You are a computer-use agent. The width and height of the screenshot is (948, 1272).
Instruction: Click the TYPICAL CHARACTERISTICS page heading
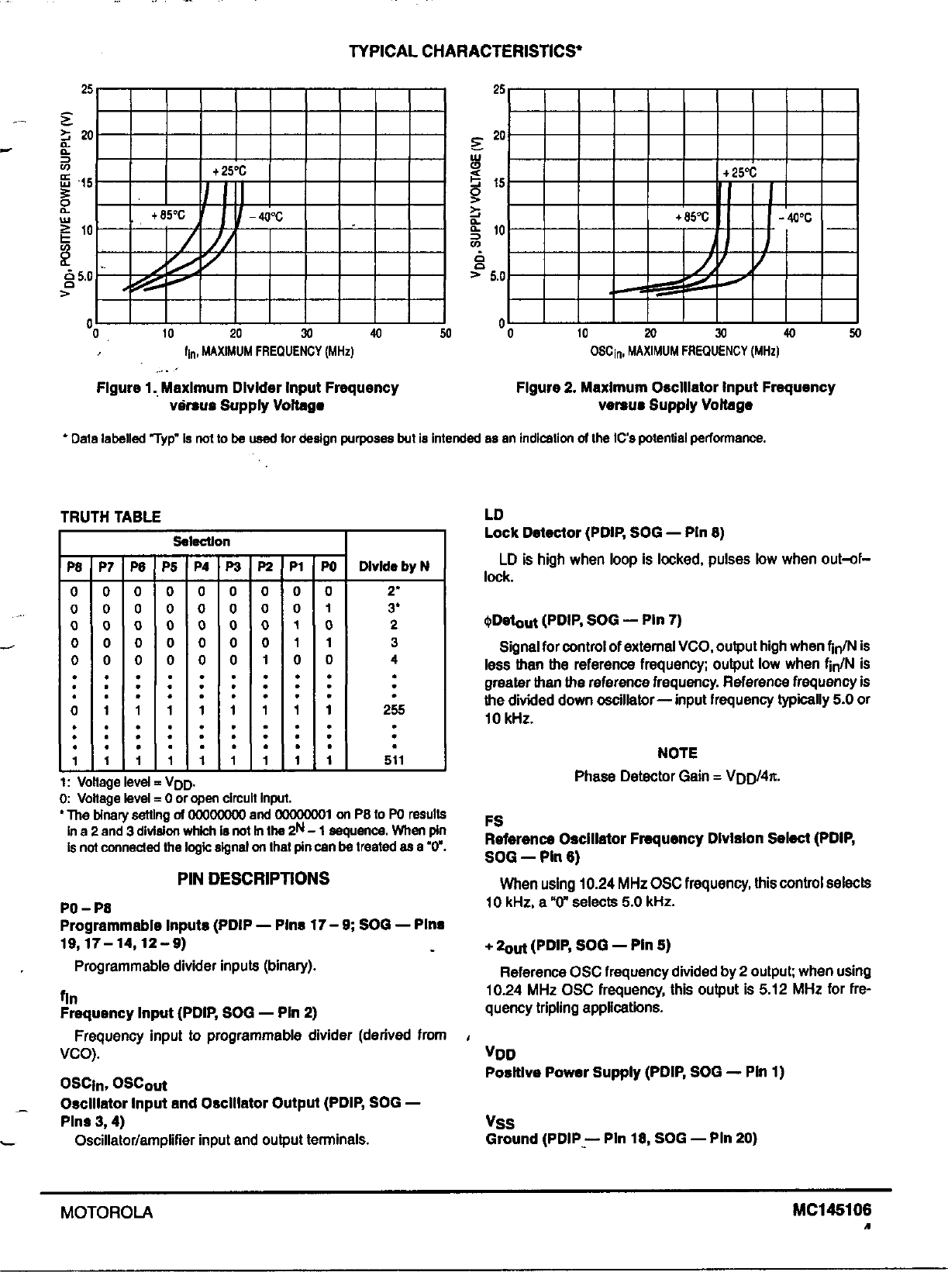(x=465, y=51)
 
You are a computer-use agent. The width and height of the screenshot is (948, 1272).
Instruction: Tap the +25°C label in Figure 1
(x=229, y=171)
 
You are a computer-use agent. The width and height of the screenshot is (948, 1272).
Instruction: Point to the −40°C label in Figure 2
(x=795, y=218)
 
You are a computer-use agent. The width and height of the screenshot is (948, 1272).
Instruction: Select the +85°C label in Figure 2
(x=692, y=218)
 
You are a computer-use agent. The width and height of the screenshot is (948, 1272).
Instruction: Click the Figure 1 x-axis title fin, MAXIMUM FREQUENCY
(x=269, y=352)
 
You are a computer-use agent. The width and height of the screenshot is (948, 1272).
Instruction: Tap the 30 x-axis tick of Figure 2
(x=720, y=334)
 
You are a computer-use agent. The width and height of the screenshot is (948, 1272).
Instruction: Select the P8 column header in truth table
(x=74, y=567)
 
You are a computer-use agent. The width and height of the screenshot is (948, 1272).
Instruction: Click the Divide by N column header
(x=394, y=567)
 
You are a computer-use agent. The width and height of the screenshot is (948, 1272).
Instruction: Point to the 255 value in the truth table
(x=394, y=709)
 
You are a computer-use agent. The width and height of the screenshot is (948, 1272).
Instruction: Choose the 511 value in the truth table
(x=394, y=760)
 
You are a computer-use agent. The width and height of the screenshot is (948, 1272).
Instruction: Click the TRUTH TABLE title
(x=111, y=517)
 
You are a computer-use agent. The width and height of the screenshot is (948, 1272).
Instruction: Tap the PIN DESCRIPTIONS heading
(x=253, y=878)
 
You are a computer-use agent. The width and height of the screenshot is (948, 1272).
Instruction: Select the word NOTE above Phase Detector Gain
(x=677, y=753)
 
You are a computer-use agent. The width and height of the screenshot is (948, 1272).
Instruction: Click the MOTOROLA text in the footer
(x=106, y=1213)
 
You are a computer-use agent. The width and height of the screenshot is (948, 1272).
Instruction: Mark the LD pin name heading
(x=494, y=515)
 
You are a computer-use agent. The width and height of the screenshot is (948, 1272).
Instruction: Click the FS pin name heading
(x=494, y=821)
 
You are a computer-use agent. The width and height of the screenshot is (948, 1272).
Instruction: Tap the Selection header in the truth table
(x=202, y=542)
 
